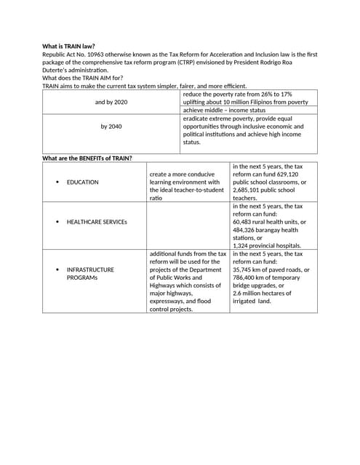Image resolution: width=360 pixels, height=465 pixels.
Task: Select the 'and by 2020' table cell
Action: [x=111, y=102]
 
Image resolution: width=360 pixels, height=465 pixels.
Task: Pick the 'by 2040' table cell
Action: [x=111, y=126]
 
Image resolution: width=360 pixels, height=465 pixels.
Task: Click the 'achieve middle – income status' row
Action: [x=224, y=110]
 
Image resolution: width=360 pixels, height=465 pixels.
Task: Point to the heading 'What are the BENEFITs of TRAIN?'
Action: [x=87, y=158]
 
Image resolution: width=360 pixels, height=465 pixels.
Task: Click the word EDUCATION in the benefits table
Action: [x=82, y=182]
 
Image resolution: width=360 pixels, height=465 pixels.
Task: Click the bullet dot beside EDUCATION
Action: [x=57, y=182]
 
